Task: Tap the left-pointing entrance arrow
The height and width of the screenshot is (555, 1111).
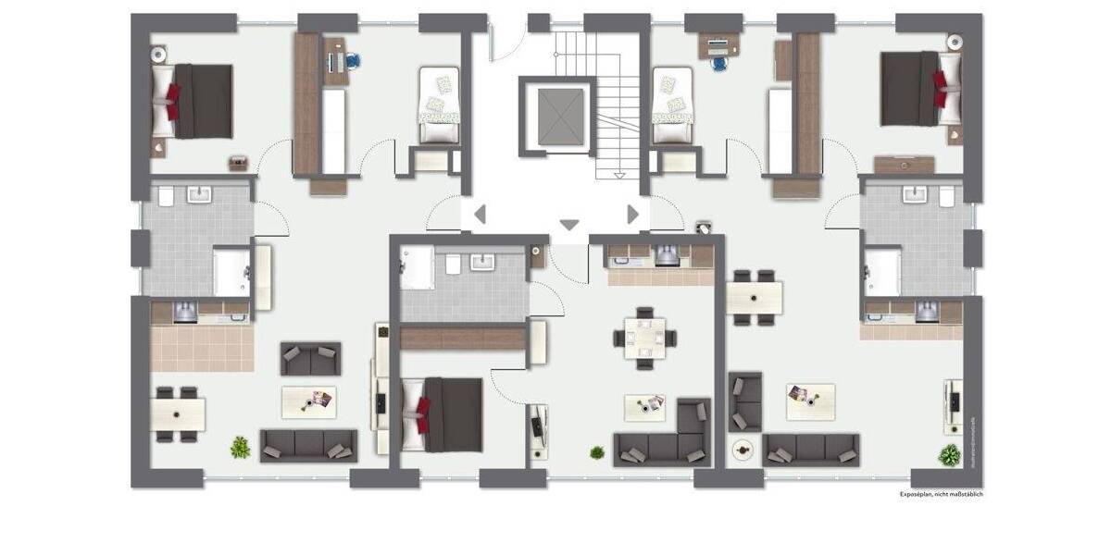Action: (x=480, y=216)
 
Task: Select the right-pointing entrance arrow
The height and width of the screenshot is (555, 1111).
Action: (x=633, y=215)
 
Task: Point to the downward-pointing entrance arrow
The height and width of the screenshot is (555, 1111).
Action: (x=569, y=225)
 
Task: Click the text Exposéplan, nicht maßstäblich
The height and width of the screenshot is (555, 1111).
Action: (x=942, y=495)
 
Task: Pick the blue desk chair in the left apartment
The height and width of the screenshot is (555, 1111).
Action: (x=353, y=61)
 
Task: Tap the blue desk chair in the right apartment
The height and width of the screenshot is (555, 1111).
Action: (x=718, y=63)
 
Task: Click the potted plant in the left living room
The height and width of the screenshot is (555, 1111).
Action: (x=240, y=448)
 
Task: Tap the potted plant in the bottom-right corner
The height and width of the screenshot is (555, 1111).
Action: (x=949, y=455)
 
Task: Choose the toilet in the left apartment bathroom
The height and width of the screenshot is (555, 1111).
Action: (x=166, y=196)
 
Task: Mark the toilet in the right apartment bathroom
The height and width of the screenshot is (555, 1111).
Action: (x=946, y=196)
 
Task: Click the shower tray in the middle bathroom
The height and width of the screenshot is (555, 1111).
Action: (x=418, y=267)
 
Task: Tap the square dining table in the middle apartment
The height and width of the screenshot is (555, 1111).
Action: (x=644, y=337)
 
